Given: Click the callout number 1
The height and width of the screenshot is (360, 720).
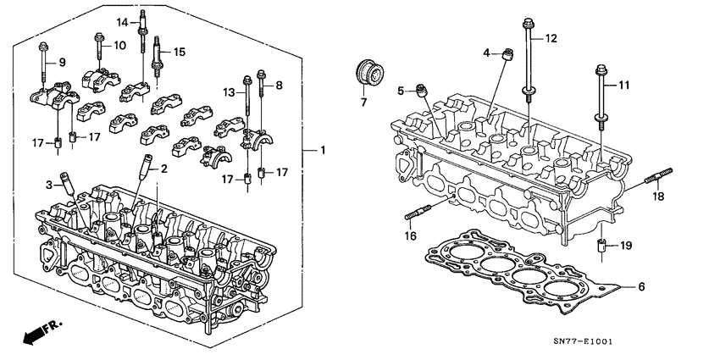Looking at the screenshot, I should point(323,151).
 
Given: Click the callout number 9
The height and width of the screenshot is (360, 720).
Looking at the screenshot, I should point(60,62).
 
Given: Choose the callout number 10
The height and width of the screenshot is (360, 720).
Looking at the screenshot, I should point(119,45).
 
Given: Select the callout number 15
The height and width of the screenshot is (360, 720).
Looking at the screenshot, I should point(179,53).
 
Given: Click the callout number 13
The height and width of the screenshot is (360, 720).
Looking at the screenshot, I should point(228,91).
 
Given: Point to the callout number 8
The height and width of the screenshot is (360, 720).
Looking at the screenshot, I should point(280,85).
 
